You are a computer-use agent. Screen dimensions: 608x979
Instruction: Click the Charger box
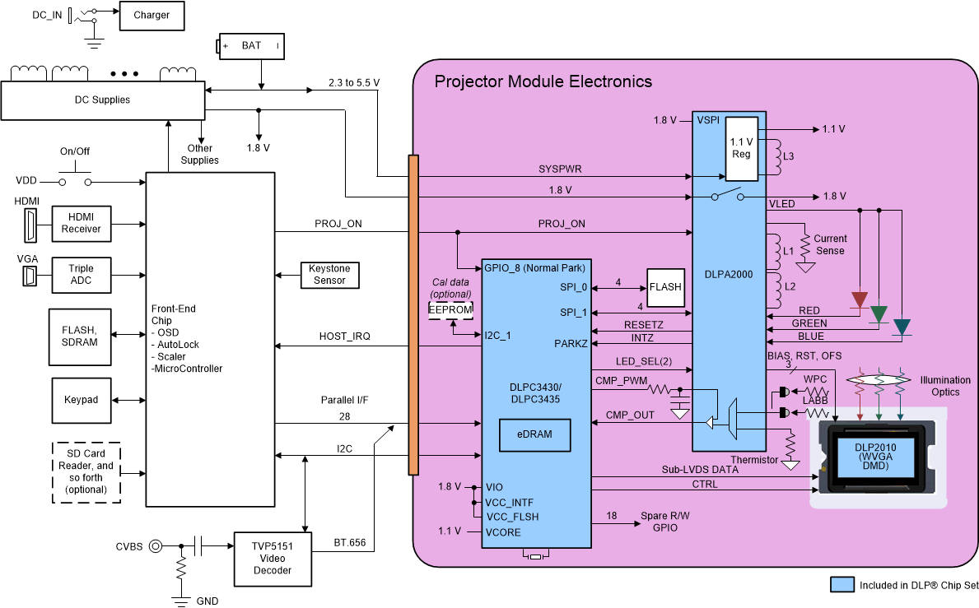(152, 15)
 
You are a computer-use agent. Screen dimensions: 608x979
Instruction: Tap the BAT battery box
(251, 45)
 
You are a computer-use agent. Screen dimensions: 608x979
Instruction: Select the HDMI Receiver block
(82, 223)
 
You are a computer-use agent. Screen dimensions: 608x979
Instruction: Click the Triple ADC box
(82, 275)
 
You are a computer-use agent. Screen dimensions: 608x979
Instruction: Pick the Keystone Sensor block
(329, 274)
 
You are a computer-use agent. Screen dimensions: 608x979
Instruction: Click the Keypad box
(82, 400)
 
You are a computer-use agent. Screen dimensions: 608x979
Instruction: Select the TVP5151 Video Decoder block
(273, 558)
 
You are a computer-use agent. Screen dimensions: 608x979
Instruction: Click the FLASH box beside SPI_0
(665, 287)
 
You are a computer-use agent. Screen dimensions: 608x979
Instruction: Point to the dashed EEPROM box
(452, 309)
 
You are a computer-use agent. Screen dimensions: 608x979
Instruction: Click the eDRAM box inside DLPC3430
(536, 435)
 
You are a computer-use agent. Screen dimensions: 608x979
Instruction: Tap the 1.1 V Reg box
(741, 147)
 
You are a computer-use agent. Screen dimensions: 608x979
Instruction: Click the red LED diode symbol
(860, 300)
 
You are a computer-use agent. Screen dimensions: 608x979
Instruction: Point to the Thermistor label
(754, 460)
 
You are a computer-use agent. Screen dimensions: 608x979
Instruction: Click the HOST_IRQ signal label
(342, 336)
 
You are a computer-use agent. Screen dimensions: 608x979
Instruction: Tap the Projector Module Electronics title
(543, 81)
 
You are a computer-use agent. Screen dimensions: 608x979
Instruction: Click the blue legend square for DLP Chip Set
(841, 585)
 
